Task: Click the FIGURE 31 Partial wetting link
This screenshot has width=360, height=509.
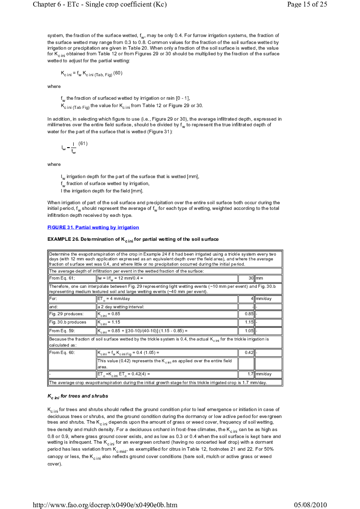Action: [x=93, y=227]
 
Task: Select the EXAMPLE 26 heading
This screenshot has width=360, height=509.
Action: [x=133, y=239]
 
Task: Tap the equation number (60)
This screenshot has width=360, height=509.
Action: [x=118, y=73]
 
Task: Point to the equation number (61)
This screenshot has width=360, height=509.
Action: [x=83, y=144]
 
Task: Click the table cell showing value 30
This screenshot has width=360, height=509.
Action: [x=246, y=278]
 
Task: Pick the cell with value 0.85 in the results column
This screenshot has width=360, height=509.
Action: [x=246, y=314]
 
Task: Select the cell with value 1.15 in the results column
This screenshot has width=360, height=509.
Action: [x=246, y=322]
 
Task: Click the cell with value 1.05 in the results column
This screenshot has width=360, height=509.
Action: [x=246, y=331]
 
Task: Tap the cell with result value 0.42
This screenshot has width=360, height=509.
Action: [x=246, y=353]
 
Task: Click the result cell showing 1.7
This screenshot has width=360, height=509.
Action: [x=246, y=374]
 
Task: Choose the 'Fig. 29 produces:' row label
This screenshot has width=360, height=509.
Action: [x=66, y=314]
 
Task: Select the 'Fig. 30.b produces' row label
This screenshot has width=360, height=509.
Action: [x=67, y=322]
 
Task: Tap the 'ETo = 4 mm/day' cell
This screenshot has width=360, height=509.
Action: [x=114, y=299]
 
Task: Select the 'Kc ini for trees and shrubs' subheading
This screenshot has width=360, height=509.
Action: [x=77, y=396]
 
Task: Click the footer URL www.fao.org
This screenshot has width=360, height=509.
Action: [x=105, y=505]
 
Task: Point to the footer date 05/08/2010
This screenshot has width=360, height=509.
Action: [x=310, y=505]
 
